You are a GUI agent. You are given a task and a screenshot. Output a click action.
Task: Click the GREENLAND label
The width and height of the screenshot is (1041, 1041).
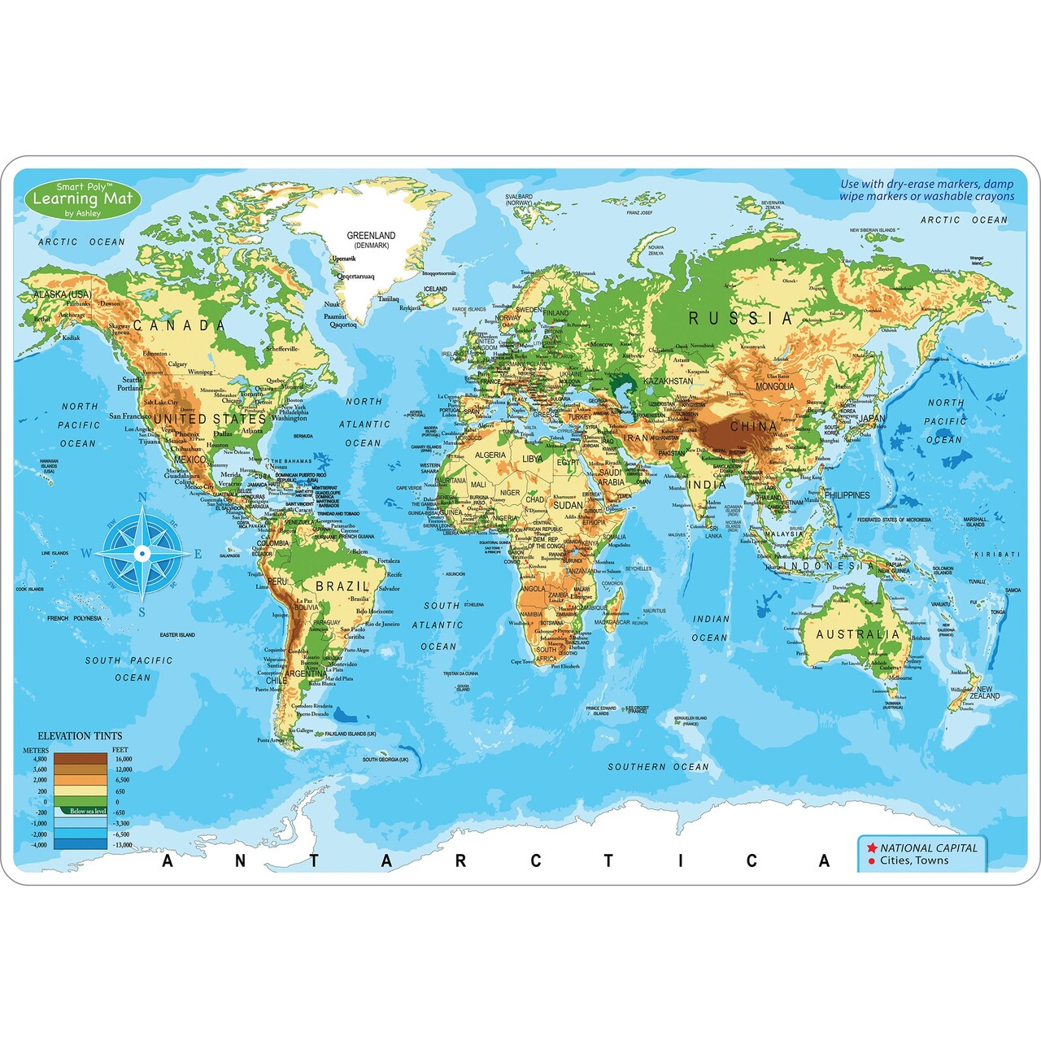click(371, 236)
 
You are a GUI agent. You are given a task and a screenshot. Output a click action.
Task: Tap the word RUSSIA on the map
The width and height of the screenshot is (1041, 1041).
click(740, 318)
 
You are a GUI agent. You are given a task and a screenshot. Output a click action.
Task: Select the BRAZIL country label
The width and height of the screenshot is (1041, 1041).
click(342, 586)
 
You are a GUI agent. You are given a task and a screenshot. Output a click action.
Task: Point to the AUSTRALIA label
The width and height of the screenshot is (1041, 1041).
click(858, 634)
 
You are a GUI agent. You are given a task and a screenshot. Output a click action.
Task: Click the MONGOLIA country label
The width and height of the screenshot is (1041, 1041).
click(774, 386)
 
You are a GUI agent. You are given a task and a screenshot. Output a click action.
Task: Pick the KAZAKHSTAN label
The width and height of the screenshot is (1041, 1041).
click(668, 381)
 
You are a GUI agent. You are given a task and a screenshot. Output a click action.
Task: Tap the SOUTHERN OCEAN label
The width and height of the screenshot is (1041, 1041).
click(658, 767)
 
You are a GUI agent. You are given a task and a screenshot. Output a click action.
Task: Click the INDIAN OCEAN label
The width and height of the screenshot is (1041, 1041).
click(710, 628)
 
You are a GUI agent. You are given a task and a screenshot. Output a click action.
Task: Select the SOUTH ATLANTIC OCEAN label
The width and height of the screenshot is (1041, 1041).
click(440, 625)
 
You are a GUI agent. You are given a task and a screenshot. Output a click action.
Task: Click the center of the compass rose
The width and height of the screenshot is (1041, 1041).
click(142, 554)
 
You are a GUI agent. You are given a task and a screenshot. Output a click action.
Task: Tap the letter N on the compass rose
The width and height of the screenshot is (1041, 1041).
click(142, 499)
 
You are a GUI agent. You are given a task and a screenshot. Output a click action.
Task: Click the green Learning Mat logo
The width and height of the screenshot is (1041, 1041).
click(82, 199)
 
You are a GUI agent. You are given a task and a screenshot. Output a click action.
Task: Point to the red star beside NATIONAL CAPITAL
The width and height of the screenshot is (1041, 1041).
click(871, 847)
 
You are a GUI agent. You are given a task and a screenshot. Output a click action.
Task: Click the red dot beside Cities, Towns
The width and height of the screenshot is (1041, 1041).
click(871, 861)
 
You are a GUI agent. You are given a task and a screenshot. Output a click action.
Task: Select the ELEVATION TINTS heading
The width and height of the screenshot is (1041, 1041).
click(80, 736)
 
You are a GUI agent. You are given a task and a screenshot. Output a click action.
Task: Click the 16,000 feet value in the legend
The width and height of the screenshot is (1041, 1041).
click(123, 759)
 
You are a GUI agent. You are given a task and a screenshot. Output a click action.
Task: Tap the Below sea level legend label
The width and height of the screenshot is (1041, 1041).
click(87, 811)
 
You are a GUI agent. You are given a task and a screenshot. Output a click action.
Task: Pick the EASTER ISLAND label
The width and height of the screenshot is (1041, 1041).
click(177, 635)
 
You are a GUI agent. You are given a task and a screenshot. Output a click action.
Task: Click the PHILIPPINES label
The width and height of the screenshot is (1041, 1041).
click(847, 494)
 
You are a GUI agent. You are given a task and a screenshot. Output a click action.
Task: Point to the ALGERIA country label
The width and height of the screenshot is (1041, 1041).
click(490, 455)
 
